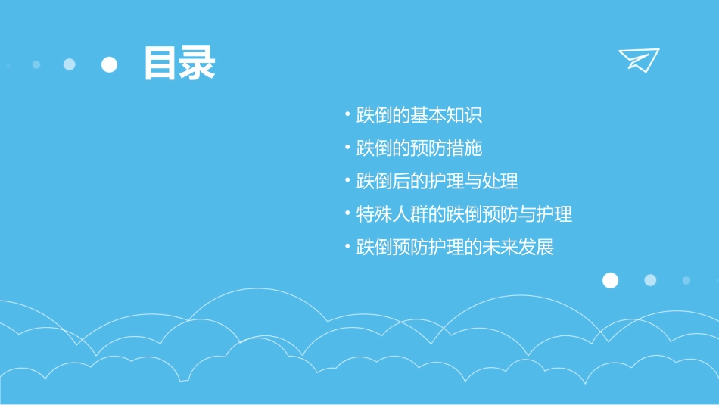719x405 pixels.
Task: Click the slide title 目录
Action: pos(179,64)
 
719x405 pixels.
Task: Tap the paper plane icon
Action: pos(639,60)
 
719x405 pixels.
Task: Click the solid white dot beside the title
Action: pos(110,64)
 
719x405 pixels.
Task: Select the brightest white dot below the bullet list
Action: pos(610,281)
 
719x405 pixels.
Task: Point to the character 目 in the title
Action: pos(161,64)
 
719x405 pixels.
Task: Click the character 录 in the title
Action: pos(198,64)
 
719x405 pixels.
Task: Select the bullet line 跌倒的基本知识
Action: pos(419,115)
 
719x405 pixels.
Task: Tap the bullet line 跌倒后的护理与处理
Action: pos(437,182)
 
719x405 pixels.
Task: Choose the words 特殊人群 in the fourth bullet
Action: pos(392,214)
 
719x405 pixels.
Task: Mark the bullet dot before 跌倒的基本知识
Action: pos(347,115)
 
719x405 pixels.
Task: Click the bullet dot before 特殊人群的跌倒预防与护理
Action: pos(347,214)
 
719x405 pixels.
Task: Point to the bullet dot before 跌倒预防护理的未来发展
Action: pos(347,248)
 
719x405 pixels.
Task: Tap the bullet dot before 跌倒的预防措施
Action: pos(347,148)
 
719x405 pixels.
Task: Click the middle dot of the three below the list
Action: pos(650,280)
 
